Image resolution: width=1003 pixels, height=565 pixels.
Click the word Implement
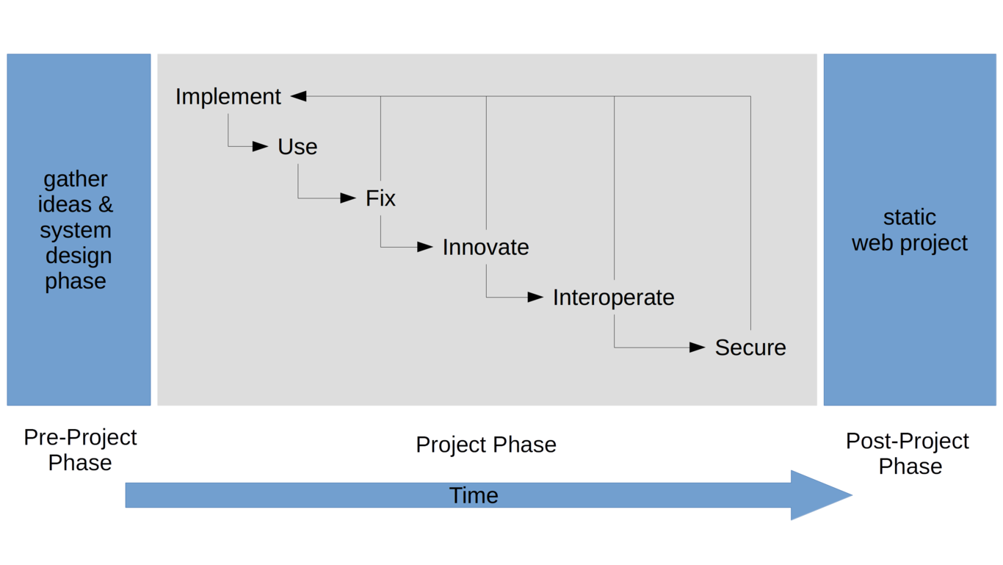[x=228, y=97]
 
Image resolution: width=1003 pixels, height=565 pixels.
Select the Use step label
[x=297, y=146]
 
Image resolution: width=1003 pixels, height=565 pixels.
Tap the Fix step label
[x=380, y=198]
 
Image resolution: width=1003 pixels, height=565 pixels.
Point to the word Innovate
[x=485, y=248]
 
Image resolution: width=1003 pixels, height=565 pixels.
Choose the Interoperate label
[x=613, y=298]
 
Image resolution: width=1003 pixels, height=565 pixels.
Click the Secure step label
[x=750, y=348]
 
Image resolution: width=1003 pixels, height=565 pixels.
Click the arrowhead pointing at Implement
[x=299, y=96]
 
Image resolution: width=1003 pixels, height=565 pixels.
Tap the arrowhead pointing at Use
[x=260, y=146]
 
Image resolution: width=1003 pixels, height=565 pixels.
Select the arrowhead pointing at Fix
[x=348, y=198]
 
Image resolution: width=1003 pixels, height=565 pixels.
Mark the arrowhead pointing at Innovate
[x=425, y=246]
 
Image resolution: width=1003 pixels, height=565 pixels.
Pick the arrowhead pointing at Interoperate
[x=535, y=297]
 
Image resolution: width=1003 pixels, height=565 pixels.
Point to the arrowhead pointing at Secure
[x=697, y=347]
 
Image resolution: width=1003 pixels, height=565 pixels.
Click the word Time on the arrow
[x=474, y=495]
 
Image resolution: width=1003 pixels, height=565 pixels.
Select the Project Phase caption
[x=486, y=445]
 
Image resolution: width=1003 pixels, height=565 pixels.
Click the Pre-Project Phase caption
[x=80, y=450]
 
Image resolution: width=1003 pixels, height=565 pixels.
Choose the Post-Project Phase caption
[x=907, y=453]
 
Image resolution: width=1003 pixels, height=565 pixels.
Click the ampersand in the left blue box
[x=106, y=204]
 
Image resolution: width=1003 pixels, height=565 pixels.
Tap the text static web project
[x=910, y=230]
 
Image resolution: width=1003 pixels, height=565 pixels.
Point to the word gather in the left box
[x=75, y=180]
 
